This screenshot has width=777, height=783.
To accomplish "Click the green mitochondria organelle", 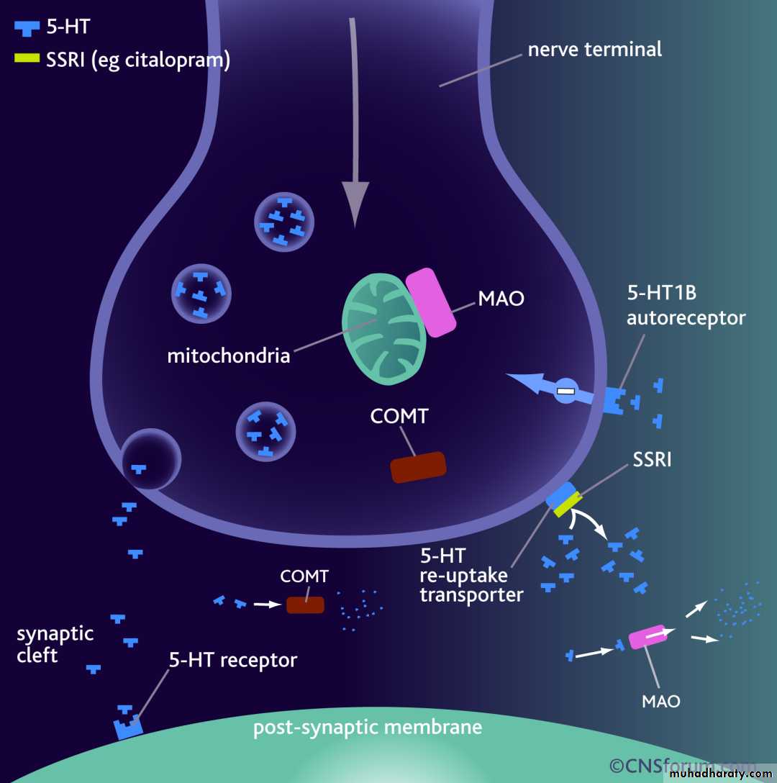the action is pyautogui.click(x=383, y=329).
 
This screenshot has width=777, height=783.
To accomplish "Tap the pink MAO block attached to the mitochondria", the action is pyautogui.click(x=430, y=302).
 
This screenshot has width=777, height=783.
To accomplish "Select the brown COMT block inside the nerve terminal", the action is pyautogui.click(x=418, y=467).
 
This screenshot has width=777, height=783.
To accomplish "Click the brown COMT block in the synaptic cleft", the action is pyautogui.click(x=305, y=605).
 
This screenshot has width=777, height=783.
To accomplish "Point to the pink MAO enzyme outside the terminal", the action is pyautogui.click(x=647, y=637).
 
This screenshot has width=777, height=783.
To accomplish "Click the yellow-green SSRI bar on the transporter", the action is pyautogui.click(x=568, y=504).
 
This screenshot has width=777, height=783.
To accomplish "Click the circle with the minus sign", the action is pyautogui.click(x=566, y=391).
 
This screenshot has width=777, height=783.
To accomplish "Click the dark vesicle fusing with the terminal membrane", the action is pyautogui.click(x=151, y=459).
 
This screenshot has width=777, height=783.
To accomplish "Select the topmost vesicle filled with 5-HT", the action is pyautogui.click(x=284, y=222).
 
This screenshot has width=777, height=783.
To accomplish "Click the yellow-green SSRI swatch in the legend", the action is pyautogui.click(x=27, y=58).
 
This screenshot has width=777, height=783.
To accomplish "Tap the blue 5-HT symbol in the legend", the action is pyautogui.click(x=27, y=29).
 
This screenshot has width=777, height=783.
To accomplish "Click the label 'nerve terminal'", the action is pyautogui.click(x=595, y=50).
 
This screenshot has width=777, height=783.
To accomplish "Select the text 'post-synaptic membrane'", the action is pyautogui.click(x=368, y=728).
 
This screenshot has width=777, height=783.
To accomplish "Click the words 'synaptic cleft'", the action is pyautogui.click(x=55, y=644).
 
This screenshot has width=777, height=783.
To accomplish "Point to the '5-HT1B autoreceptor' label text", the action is pyautogui.click(x=686, y=305).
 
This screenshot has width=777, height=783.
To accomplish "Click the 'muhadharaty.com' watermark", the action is pyautogui.click(x=721, y=774).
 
